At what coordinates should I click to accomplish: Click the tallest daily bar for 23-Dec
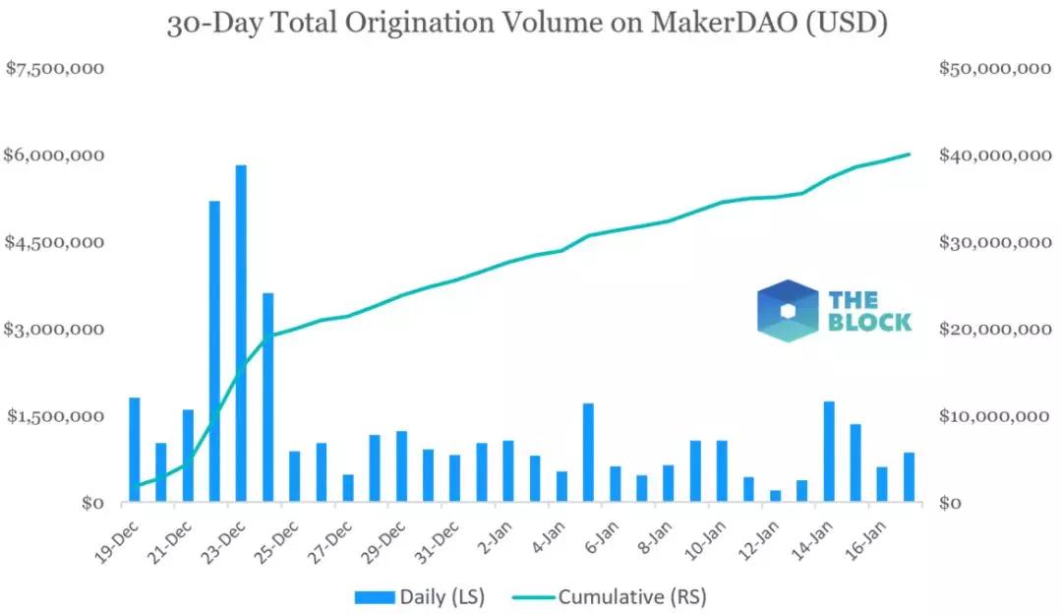tap(241, 335)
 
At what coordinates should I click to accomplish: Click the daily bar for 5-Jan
tap(588, 454)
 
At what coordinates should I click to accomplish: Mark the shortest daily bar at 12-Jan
tap(775, 496)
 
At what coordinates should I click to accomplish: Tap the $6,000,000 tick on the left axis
tap(55, 155)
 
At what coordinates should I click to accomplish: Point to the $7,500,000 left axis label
tap(55, 69)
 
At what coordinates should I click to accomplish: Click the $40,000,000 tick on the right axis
tap(993, 155)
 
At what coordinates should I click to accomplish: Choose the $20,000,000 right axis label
tap(993, 329)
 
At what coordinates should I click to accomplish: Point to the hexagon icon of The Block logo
tap(787, 311)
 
